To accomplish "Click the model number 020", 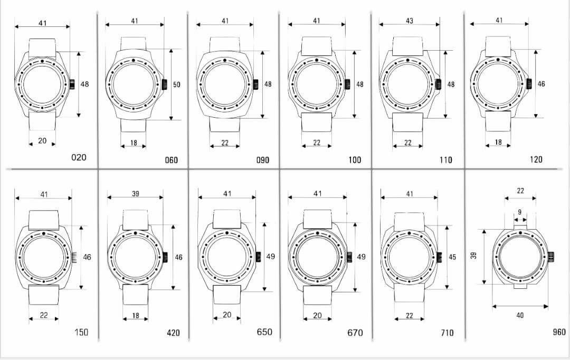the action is click(x=79, y=157).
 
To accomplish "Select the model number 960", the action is click(x=559, y=331).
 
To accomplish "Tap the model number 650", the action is click(x=264, y=331).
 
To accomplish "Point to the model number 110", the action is click(x=445, y=159).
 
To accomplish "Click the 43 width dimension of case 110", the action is click(x=410, y=21).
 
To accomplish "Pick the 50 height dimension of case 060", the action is click(x=176, y=84).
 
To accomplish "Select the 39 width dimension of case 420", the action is click(x=135, y=194).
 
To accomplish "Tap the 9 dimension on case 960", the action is click(x=519, y=212).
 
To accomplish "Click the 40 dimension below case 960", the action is click(x=520, y=315).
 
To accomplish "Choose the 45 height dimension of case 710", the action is click(x=452, y=257).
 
